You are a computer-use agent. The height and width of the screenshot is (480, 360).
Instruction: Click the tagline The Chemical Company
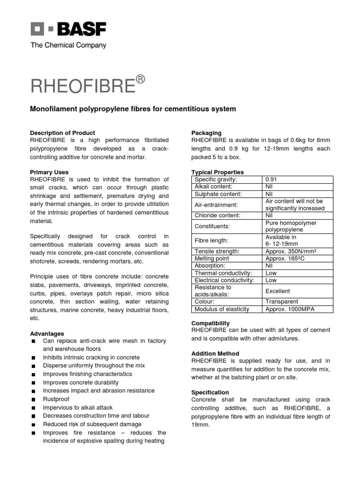68,45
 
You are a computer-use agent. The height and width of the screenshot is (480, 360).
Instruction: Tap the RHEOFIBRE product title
82,86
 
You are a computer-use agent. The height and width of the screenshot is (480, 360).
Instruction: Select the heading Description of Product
63,133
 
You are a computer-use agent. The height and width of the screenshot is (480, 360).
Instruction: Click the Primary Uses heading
49,172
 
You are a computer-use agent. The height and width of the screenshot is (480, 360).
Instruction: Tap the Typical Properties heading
217,172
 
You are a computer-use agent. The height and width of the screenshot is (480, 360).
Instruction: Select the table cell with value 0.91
272,180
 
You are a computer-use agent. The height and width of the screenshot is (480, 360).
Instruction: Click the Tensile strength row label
217,251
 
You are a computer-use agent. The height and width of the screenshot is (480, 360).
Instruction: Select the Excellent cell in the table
278,291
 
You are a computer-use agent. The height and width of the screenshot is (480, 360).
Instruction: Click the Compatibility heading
210,323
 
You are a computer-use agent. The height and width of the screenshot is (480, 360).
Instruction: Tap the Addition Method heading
215,353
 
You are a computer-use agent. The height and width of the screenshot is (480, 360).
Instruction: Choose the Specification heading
210,392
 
